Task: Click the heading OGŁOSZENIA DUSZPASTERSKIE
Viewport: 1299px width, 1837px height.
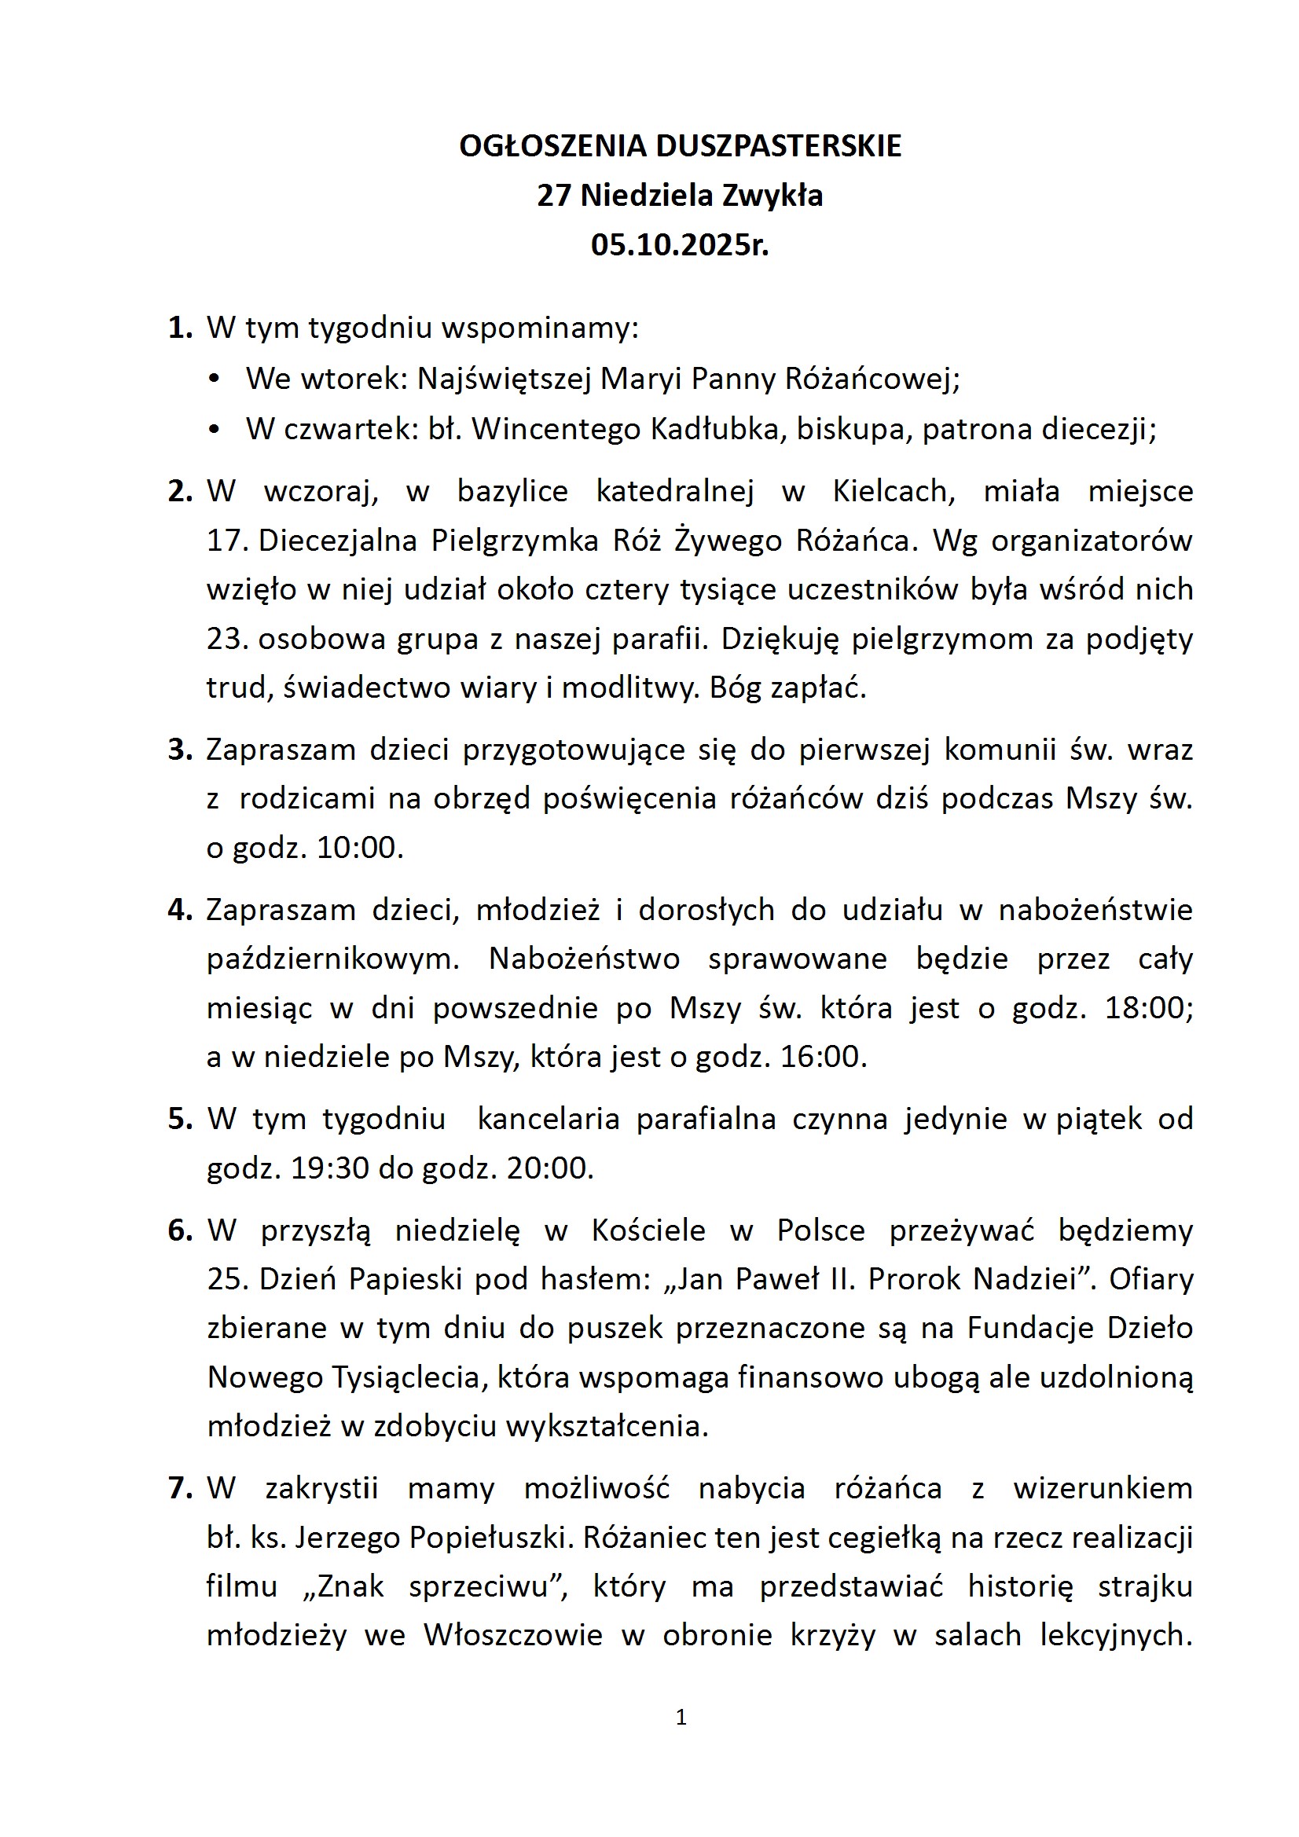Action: pos(680,146)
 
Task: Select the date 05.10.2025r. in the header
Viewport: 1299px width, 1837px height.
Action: pos(680,245)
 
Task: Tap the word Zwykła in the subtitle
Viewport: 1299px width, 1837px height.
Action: pos(772,196)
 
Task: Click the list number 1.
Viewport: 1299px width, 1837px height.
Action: pos(180,328)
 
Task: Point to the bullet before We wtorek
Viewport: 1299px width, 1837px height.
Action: pos(214,379)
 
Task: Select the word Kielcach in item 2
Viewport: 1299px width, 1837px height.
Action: pos(894,491)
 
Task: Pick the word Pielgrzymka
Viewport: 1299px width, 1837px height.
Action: pos(515,541)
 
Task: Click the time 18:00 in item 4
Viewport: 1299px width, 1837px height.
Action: pos(1148,1008)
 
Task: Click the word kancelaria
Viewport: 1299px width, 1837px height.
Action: pos(549,1119)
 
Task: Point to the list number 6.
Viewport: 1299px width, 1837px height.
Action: pos(180,1230)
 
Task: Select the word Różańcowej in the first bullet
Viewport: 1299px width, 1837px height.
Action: pos(872,379)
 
